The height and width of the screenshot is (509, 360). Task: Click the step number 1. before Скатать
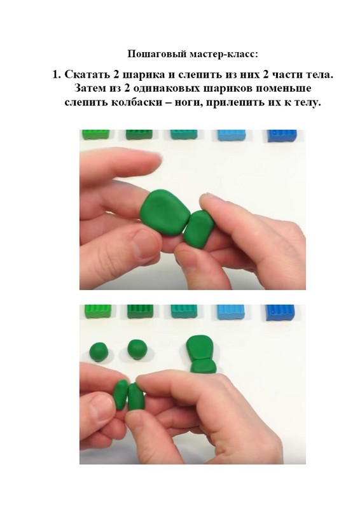point(57,74)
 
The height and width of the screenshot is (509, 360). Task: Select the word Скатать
point(87,74)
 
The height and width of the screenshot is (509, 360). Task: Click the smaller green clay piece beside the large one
point(198,229)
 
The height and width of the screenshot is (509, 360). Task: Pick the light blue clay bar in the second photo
point(231,312)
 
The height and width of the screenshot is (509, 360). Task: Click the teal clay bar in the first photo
point(184,134)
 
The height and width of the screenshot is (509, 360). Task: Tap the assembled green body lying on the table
point(201,354)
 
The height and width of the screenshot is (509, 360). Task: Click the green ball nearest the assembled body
point(137,349)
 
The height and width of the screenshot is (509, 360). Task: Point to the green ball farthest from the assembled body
point(99,352)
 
